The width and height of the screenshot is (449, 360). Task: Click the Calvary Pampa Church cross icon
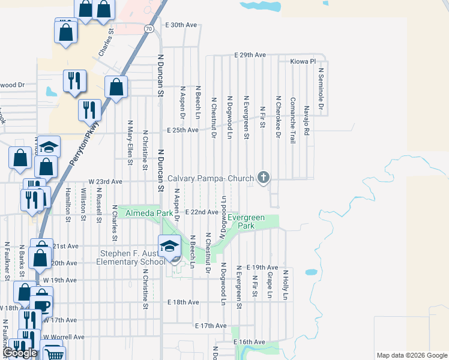coord(262,177)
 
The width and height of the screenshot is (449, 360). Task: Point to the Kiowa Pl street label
coord(303,61)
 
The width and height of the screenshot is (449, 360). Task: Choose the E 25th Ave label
coord(182,130)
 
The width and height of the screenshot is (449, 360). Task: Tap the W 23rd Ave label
coord(105,181)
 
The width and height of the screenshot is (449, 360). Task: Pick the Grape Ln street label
coord(270,284)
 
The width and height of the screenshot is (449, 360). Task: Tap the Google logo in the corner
coord(20,353)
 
